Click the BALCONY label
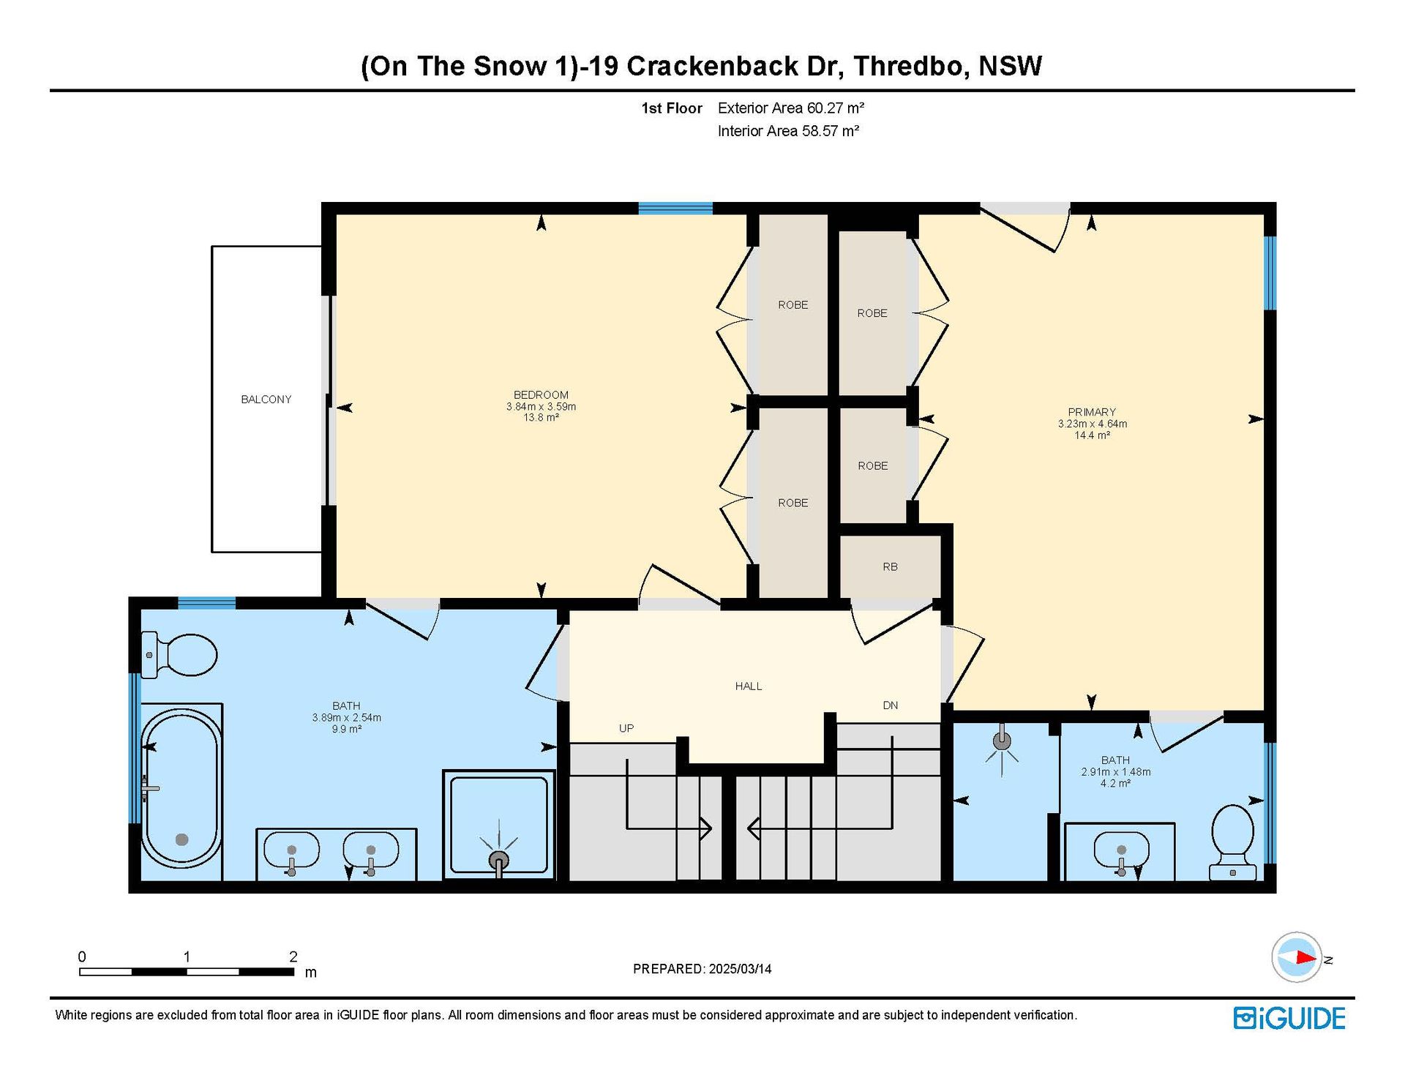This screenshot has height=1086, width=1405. pos(266,400)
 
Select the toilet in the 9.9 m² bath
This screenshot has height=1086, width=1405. pos(180,654)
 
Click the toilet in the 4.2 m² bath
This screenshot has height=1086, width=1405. pos(1233,842)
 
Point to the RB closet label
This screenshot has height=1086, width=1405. pos(890,567)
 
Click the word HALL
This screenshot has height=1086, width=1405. pos(749,686)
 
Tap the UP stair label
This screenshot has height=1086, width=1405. pos(626,728)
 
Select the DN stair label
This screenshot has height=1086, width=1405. pos(891,705)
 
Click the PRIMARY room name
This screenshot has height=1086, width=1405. pos(1092,412)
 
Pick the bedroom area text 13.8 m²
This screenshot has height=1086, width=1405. pos(541,418)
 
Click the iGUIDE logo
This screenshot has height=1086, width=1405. pos(1289,1018)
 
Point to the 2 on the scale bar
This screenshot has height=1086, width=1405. pos(293,956)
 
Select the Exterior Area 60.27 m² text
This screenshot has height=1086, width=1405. pos(791,108)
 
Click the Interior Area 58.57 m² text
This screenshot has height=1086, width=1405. pos(788,131)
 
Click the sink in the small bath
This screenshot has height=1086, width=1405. pos(1121,851)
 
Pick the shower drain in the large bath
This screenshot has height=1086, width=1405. pos(498,858)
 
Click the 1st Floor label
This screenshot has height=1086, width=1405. pos(672,108)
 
